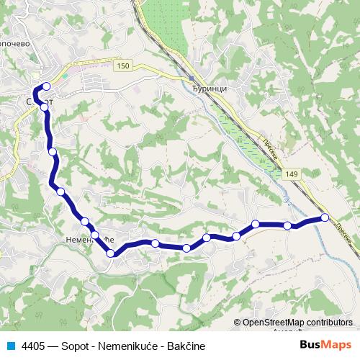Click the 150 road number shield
click(x=124, y=66)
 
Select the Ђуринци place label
click(x=210, y=88)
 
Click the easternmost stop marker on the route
click(x=325, y=217)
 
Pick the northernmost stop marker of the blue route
click(x=46, y=88)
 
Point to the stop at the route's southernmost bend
click(x=111, y=253)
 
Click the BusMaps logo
click(x=326, y=346)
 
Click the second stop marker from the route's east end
click(x=287, y=226)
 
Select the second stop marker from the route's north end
click(x=45, y=107)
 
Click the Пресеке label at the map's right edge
click(x=346, y=235)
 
